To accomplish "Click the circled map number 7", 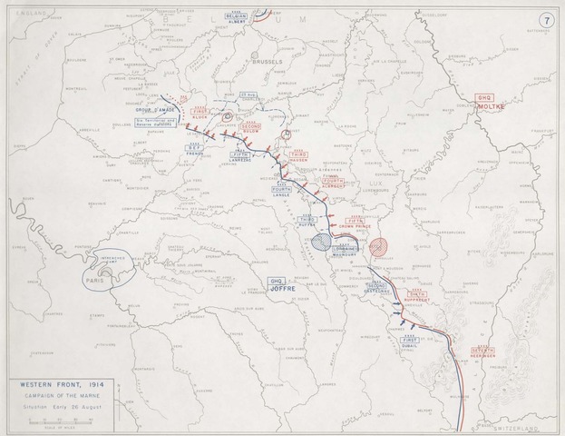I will [546, 19].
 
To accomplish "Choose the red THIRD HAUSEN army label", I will [299, 154].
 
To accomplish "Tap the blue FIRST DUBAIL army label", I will [412, 342].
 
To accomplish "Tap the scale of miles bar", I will [56, 423].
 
